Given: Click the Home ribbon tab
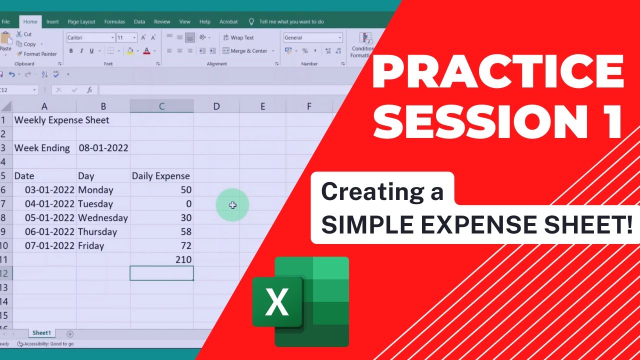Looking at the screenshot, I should click(30, 22).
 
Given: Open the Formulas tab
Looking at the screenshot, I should click(114, 22).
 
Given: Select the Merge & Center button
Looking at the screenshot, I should click(248, 51).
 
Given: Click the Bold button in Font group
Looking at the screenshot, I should click(71, 51).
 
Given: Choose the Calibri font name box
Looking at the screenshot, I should click(90, 37).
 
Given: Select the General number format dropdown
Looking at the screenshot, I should click(312, 37).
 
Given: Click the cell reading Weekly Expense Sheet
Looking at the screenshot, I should click(61, 120).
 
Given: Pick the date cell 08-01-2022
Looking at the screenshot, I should click(103, 148).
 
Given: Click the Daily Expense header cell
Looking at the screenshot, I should click(161, 176).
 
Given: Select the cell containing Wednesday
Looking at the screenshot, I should click(103, 218).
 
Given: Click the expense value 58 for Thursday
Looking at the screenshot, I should click(185, 232).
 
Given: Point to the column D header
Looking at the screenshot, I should click(216, 106).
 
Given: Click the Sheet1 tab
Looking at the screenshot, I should click(41, 333).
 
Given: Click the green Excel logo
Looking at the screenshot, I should click(300, 301).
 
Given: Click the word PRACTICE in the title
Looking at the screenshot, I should click(498, 72).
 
